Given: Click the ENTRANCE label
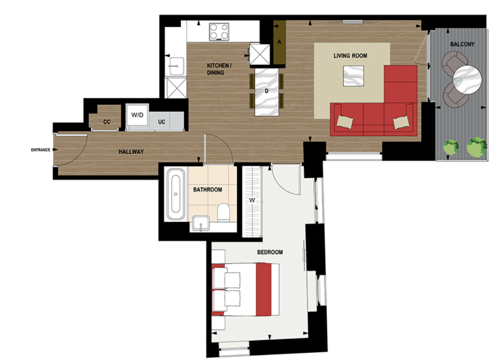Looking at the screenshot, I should [40, 150].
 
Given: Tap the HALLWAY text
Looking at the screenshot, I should [131, 152].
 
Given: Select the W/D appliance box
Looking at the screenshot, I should [137, 117].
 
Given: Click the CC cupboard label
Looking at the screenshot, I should [107, 122].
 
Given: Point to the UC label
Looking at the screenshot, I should [161, 122].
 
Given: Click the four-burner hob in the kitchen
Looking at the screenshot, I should [219, 32].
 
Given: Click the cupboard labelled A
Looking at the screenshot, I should [280, 43].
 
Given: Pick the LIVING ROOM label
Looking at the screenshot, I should [350, 56].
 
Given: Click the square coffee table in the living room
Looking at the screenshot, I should [354, 76].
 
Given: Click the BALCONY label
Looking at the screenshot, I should [462, 44].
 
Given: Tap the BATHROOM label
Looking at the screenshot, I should [208, 190].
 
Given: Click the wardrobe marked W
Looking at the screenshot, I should [252, 201].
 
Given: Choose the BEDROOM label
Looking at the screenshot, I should [270, 252].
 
